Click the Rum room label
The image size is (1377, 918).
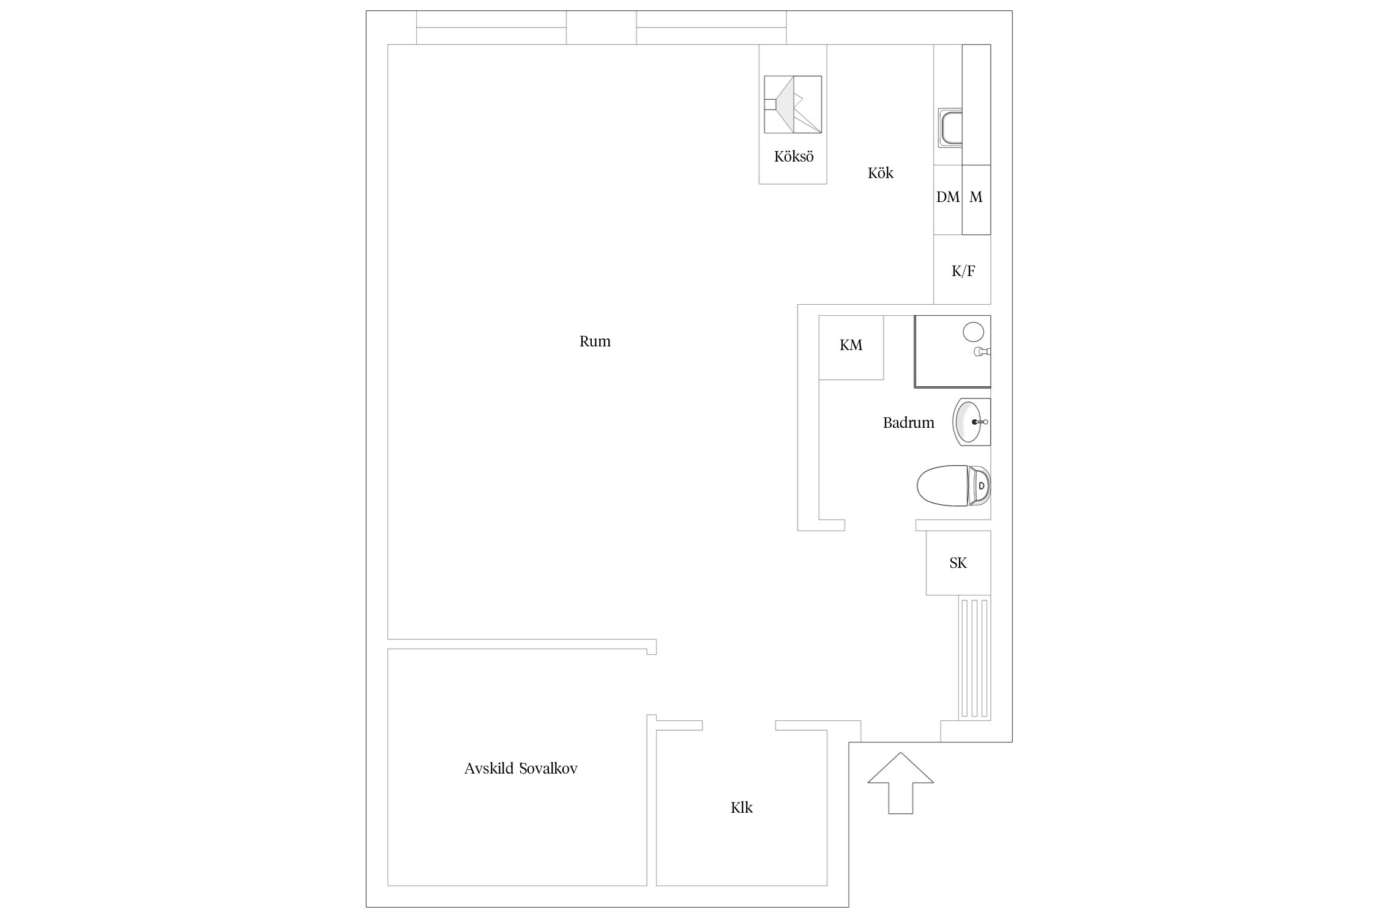[595, 341]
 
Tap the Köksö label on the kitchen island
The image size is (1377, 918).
[794, 157]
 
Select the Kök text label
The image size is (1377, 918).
[881, 173]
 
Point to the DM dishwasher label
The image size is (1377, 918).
[948, 197]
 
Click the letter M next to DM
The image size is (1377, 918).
[976, 197]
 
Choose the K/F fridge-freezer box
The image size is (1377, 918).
[962, 270]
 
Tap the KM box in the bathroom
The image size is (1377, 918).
[851, 348]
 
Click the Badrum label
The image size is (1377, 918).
[908, 423]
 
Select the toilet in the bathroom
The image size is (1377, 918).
[953, 485]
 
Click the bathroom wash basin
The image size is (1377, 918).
[971, 422]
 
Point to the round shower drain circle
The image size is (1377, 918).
[973, 332]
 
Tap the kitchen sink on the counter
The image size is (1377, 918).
[950, 128]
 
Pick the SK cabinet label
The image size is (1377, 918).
[958, 563]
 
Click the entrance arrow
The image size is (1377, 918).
[901, 783]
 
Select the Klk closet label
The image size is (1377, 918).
[742, 808]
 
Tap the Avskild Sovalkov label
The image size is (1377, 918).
[521, 769]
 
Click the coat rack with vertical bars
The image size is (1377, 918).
[974, 658]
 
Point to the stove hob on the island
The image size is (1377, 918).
[793, 105]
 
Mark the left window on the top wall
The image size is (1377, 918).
[491, 28]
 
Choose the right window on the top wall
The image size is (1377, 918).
[711, 28]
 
